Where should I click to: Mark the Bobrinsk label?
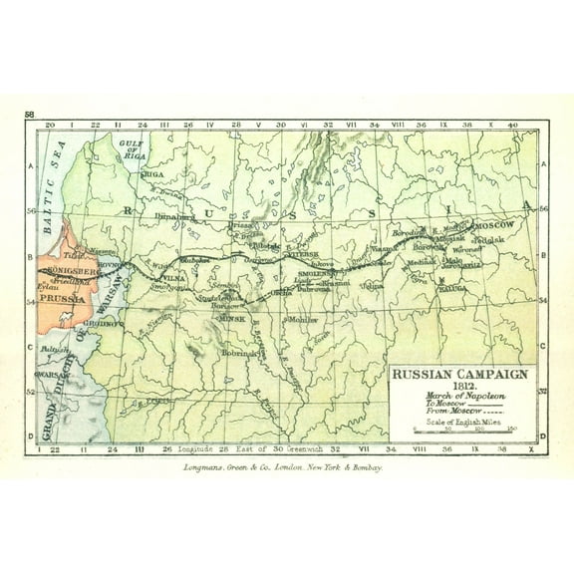tap(240, 353)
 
